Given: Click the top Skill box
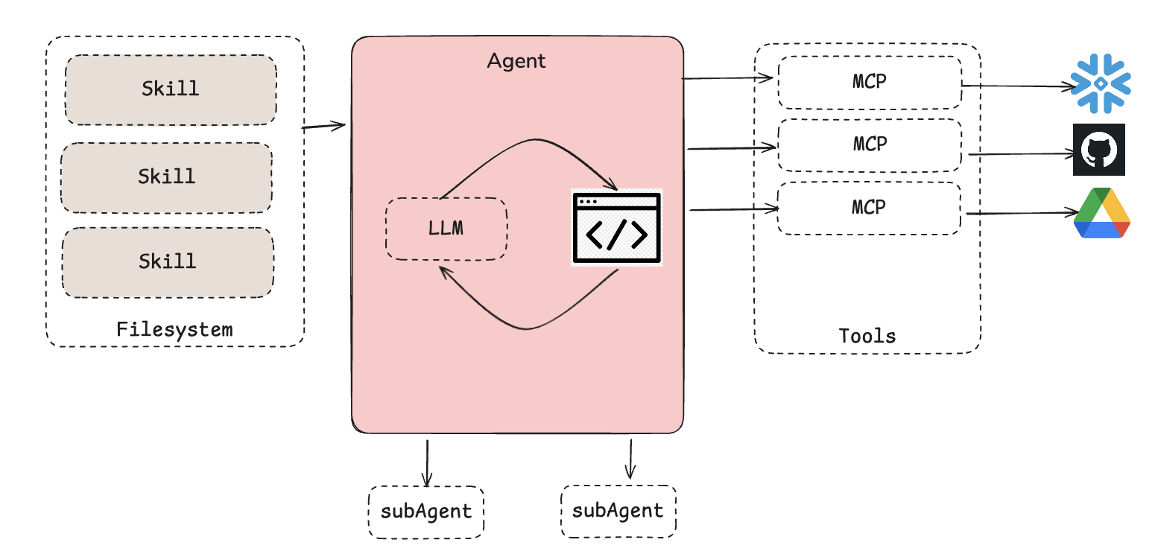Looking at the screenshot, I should point(171,89).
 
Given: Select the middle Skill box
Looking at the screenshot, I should point(167,177).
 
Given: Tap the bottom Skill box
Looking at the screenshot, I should point(168,262).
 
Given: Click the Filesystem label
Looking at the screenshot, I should point(174,329).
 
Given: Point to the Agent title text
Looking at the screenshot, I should point(516,61).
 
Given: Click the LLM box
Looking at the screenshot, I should point(446,229).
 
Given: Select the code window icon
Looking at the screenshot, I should point(617,228).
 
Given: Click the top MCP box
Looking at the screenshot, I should point(869,82).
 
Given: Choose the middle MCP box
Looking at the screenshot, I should point(869,144).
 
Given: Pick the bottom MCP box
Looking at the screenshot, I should point(869,208).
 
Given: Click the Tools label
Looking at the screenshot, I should point(867,336).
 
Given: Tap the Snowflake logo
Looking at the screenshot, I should point(1101,83).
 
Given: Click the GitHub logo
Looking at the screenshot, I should point(1098,150).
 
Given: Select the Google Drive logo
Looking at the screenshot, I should point(1101,213).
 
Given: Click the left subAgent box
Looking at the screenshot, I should point(426,512).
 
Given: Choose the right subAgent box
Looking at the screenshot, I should point(618,511).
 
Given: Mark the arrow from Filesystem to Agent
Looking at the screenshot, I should point(324,127).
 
